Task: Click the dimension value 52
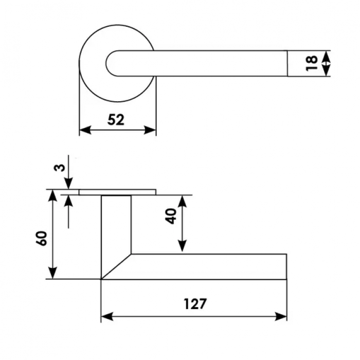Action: coord(117,119)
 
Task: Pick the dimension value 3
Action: coord(60,167)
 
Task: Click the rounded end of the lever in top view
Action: coord(109,63)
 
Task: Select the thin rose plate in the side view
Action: coord(117,192)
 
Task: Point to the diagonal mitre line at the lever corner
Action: coord(116,266)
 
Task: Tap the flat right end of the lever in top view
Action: coord(286,63)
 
